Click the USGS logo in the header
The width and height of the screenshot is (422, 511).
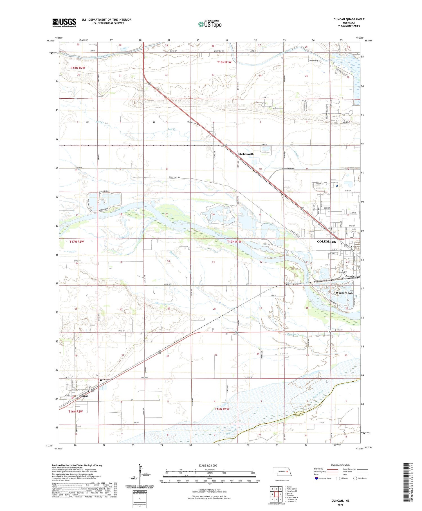pyautogui.click(x=64, y=23)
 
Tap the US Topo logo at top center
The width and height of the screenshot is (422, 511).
pyautogui.click(x=210, y=24)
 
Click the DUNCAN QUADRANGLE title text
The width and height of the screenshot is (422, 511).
pyautogui.click(x=349, y=19)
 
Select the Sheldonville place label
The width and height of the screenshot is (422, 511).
pyautogui.click(x=246, y=154)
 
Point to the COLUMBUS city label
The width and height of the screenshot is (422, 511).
pyautogui.click(x=326, y=242)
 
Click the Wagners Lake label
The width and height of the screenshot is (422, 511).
pyautogui.click(x=345, y=293)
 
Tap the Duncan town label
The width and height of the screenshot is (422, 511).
pyautogui.click(x=83, y=396)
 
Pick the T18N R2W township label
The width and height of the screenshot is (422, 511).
pyautogui.click(x=78, y=68)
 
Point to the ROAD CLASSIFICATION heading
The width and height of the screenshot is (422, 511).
pyautogui.click(x=340, y=465)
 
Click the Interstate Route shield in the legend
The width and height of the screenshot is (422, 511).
pyautogui.click(x=316, y=478)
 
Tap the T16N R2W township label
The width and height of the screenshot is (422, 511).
pyautogui.click(x=76, y=412)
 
